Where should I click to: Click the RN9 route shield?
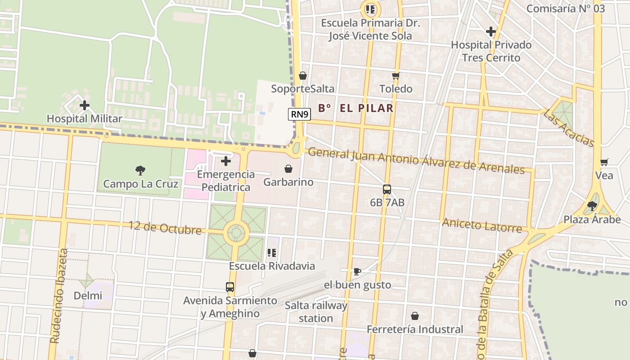(299, 114)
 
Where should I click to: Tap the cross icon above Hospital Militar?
(84, 106)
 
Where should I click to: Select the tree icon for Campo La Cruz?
(140, 170)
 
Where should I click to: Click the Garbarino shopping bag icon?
(288, 169)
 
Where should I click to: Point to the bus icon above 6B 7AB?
(387, 189)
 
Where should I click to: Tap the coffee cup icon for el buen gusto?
(357, 271)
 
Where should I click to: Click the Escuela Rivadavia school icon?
(271, 253)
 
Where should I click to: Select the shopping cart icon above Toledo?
(396, 76)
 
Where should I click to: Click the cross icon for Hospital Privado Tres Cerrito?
(491, 31)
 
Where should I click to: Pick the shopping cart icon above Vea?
(604, 162)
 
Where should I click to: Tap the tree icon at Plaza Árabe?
(592, 206)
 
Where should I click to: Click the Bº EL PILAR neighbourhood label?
(355, 108)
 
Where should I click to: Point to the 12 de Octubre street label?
(165, 228)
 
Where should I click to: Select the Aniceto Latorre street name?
(482, 225)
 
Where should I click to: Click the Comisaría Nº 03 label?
(566, 9)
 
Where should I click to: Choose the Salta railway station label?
(316, 312)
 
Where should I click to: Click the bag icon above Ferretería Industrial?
(414, 316)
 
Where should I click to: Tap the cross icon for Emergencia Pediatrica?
(226, 161)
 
